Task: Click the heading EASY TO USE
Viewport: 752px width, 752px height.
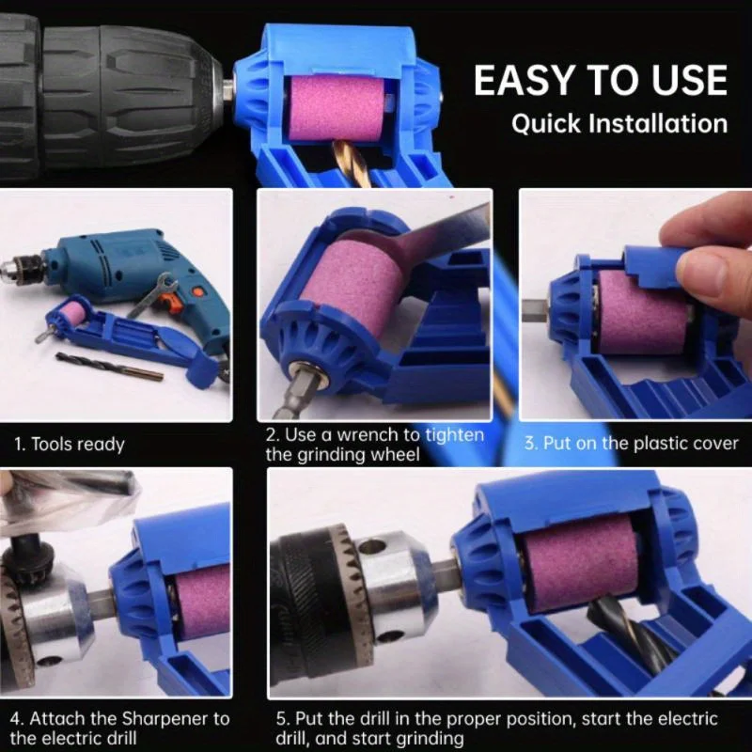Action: pyautogui.click(x=600, y=81)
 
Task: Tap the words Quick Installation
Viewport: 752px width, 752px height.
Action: pyautogui.click(x=619, y=124)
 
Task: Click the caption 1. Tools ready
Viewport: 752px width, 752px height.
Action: pyautogui.click(x=69, y=444)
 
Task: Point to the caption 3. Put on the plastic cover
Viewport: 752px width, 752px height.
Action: pyautogui.click(x=632, y=443)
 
